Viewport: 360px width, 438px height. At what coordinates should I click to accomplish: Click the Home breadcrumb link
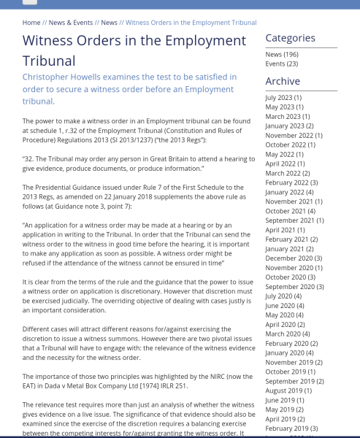tap(31, 23)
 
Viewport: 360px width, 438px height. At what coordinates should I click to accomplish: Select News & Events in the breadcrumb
tap(71, 23)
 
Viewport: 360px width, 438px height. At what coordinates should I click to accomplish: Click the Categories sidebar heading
tap(290, 38)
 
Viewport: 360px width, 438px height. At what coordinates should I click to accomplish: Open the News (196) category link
tap(282, 54)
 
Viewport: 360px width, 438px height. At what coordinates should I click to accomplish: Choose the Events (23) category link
tap(282, 64)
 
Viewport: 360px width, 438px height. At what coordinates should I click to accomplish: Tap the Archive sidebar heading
tap(283, 81)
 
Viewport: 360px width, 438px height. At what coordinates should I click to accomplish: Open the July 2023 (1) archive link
tap(283, 97)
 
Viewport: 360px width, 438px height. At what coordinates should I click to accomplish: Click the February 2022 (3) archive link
tap(291, 182)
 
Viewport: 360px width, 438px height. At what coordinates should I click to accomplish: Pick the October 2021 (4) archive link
tap(291, 211)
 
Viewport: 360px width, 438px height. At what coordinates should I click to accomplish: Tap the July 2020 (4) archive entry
tap(283, 296)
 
